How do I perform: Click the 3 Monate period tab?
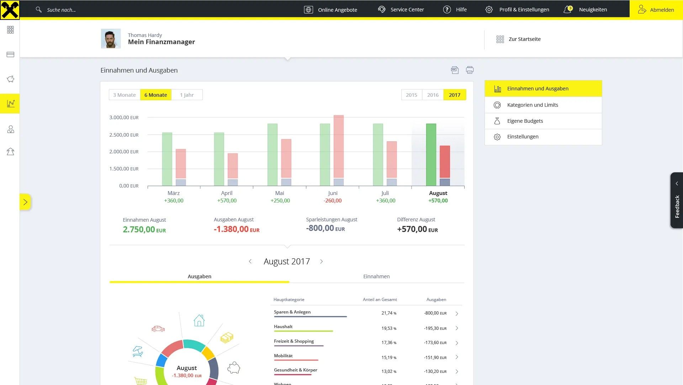tap(124, 95)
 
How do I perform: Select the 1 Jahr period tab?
tap(187, 95)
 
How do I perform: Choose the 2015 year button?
tap(411, 95)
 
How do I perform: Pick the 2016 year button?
tap(433, 95)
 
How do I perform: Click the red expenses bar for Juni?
tap(339, 146)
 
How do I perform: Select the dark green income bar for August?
tap(431, 154)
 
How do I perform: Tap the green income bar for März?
tap(167, 159)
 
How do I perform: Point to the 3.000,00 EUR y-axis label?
tap(124, 117)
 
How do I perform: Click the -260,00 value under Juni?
tap(333, 201)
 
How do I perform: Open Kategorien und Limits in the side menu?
tap(533, 105)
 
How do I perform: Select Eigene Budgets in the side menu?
tap(525, 121)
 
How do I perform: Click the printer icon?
tap(470, 70)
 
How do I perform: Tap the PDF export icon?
tap(455, 70)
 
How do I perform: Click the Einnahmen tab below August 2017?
tap(376, 276)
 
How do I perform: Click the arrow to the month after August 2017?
tap(322, 262)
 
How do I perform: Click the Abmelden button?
tap(656, 10)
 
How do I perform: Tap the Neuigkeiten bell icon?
tap(567, 10)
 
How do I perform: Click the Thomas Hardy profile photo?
tap(111, 38)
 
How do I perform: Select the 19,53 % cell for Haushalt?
tap(389, 328)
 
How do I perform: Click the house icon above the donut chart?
tap(199, 321)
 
